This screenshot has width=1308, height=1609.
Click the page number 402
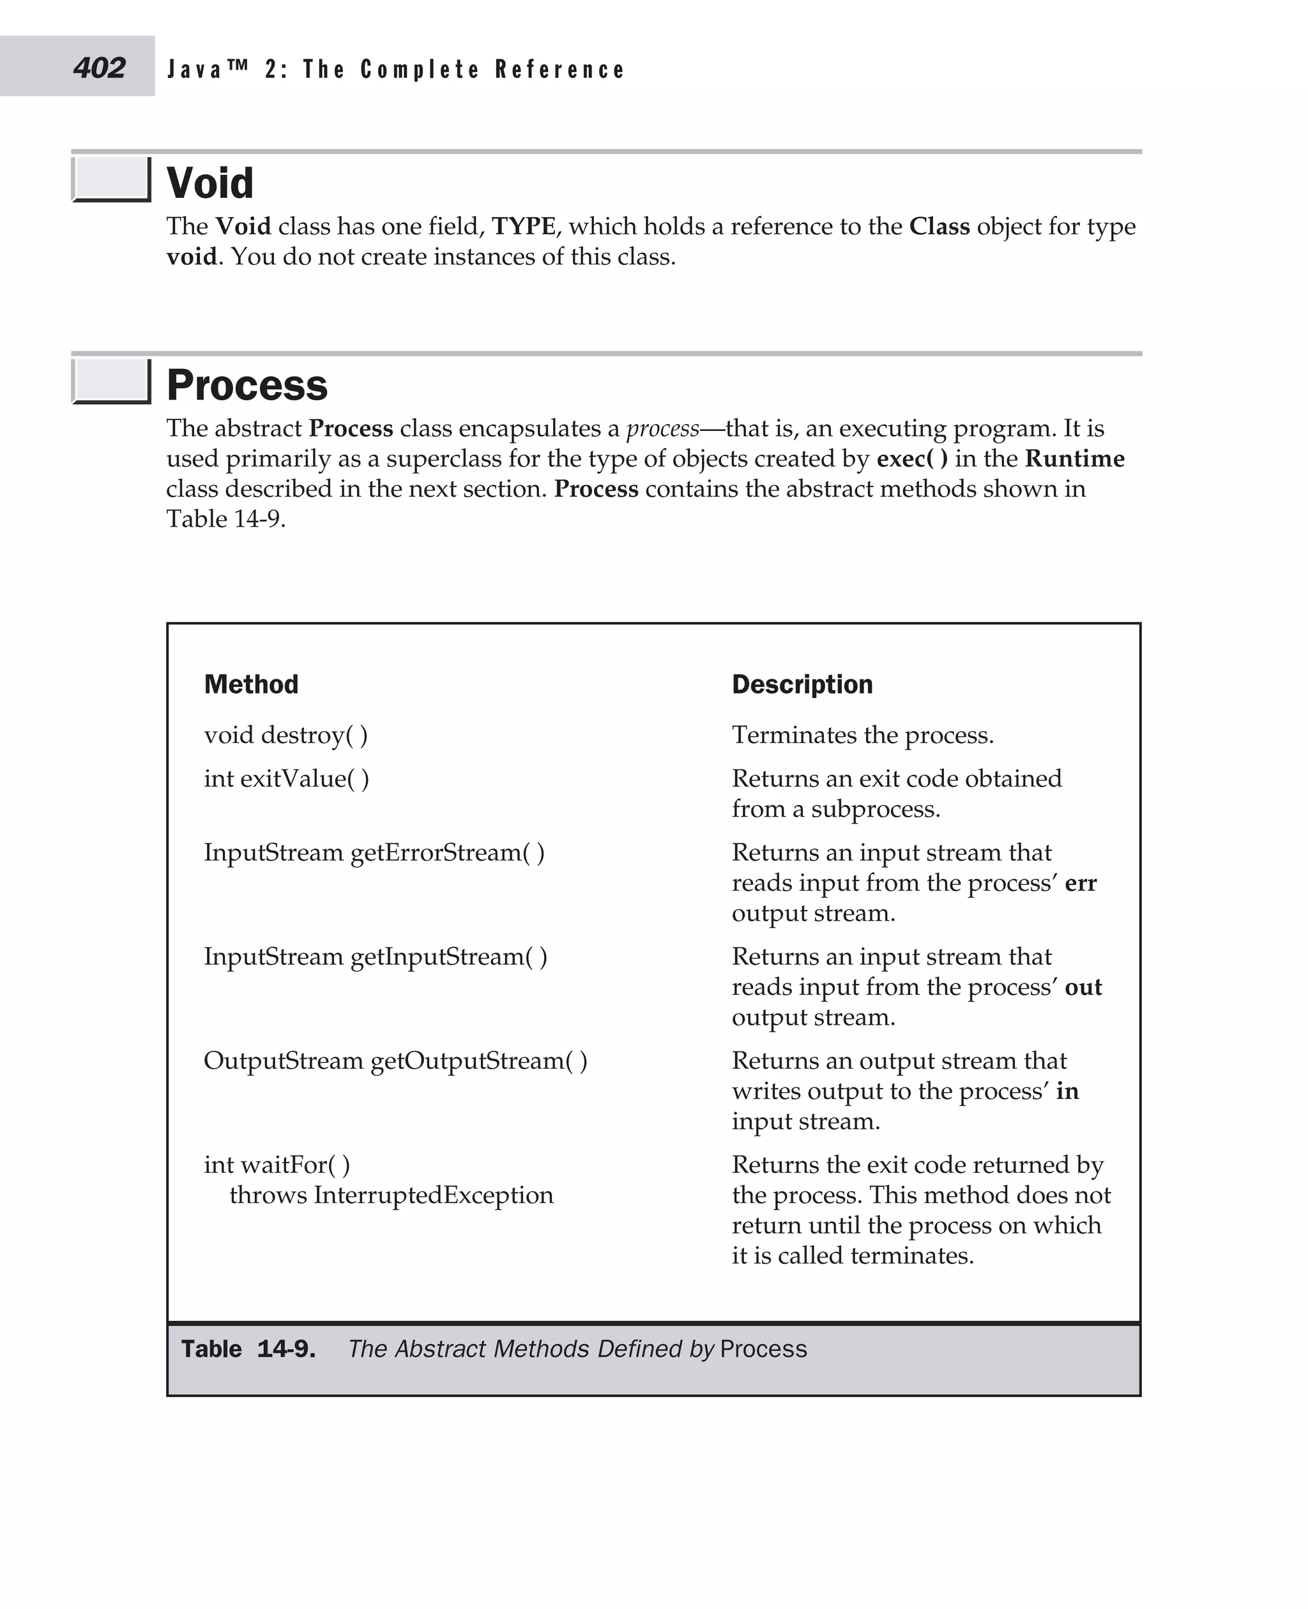click(x=100, y=68)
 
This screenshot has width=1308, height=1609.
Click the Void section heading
click(x=209, y=183)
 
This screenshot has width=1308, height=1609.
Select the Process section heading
click(x=247, y=385)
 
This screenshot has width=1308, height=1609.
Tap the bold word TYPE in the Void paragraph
click(x=524, y=226)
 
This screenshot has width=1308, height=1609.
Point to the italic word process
click(x=662, y=428)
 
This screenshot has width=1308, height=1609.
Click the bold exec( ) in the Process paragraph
click(x=911, y=458)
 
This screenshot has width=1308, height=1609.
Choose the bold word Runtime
click(x=1074, y=458)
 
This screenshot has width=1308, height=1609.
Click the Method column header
click(x=251, y=684)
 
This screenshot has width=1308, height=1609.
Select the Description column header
click(x=802, y=684)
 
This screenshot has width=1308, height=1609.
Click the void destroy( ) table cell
click(x=285, y=734)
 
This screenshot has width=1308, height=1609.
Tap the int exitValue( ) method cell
click(x=286, y=778)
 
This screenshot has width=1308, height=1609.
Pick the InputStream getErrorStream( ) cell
click(x=374, y=852)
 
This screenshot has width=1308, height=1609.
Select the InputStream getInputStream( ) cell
click(x=376, y=956)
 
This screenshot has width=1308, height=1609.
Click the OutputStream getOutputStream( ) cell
click(x=395, y=1060)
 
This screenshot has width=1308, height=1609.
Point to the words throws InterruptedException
click(x=391, y=1195)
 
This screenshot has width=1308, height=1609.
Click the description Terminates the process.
click(x=863, y=734)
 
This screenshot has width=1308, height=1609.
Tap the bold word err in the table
click(x=1081, y=882)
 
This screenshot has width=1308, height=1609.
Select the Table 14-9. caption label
click(x=248, y=1348)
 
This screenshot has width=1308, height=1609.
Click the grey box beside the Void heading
click(x=110, y=179)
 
